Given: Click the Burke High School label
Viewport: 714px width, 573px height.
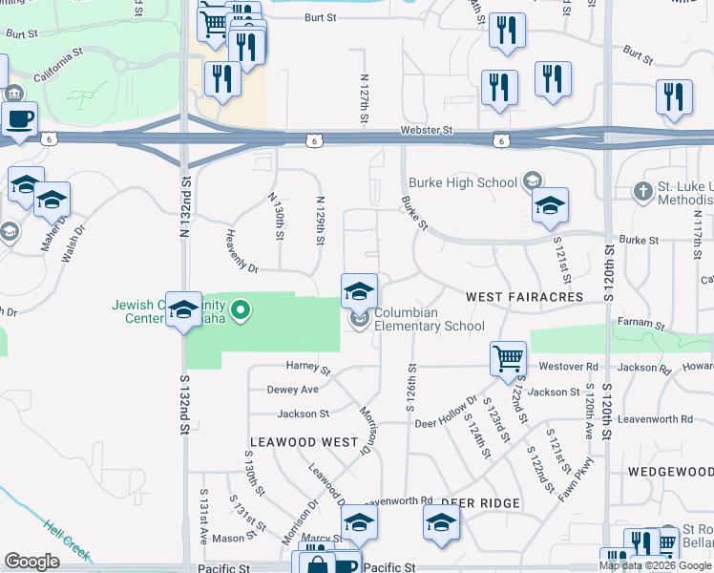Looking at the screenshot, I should (x=463, y=181).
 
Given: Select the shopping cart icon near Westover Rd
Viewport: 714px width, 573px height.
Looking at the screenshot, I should (x=508, y=359).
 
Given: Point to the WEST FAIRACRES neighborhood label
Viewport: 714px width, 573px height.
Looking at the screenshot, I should (x=524, y=298).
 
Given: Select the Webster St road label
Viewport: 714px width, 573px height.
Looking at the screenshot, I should (x=445, y=129).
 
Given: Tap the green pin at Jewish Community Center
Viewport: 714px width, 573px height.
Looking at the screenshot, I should (x=241, y=309).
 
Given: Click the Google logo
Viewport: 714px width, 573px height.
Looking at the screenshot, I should (x=31, y=562).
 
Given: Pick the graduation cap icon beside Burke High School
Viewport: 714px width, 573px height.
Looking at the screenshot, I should (x=550, y=205).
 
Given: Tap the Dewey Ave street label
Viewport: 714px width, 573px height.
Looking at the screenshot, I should (x=293, y=390).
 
